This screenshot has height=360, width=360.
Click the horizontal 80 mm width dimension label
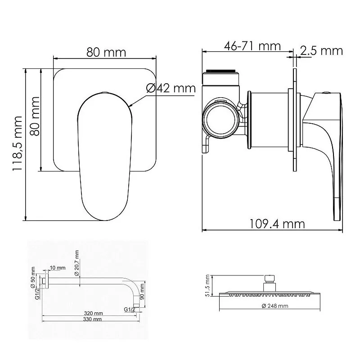tap(106, 53)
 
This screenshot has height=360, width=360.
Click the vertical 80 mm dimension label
tap(35, 116)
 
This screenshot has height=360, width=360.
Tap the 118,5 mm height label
tap(17, 143)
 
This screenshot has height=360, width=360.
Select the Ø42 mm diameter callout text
tap(171, 88)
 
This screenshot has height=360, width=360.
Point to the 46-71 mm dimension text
tap(252, 46)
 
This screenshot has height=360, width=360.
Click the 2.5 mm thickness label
tap(321, 51)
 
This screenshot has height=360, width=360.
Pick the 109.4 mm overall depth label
tap(277, 224)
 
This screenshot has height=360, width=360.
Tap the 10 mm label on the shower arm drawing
tap(58, 268)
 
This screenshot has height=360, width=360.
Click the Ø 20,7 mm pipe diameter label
tap(76, 263)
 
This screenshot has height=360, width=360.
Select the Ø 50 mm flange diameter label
tap(33, 277)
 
